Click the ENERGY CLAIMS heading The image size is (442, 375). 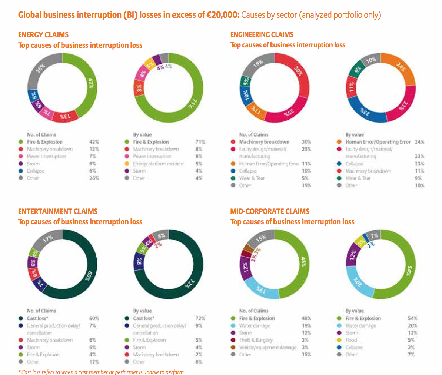click(43, 35)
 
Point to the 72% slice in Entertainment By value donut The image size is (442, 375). click(189, 283)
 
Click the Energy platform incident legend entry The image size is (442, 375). click(158, 164)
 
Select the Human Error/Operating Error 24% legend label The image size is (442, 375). click(378, 142)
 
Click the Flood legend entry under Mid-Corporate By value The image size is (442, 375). click(351, 340)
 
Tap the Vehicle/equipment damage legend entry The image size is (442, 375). click(267, 347)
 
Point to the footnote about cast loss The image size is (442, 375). click(101, 372)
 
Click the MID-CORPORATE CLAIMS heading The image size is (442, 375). click(270, 211)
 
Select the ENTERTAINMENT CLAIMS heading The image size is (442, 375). click(58, 211)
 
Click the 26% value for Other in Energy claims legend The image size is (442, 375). click(94, 178)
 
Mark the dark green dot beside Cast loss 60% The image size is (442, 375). click(21, 318)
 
